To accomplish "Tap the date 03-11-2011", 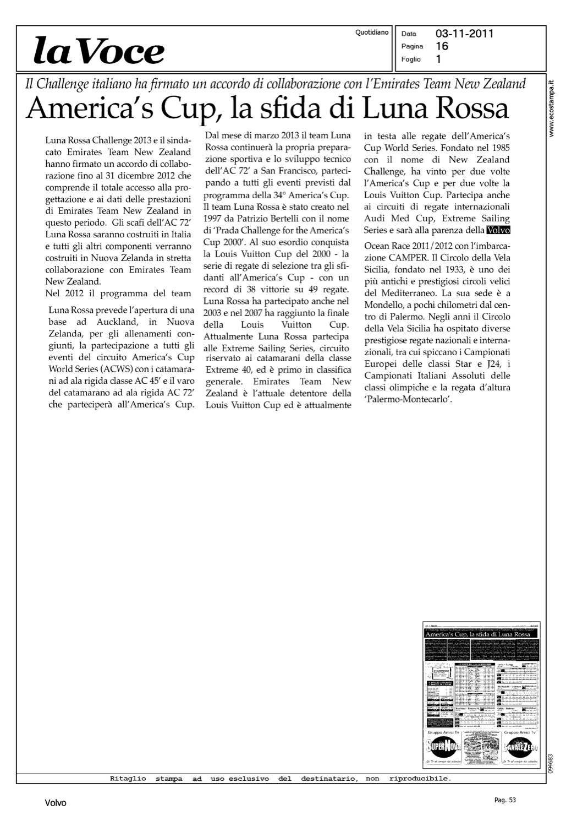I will tap(464, 34).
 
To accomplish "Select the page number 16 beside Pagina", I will tap(442, 46).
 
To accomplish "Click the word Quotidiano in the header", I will tap(372, 32).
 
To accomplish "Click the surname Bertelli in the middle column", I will tap(289, 219).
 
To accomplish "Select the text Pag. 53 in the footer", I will tap(505, 800).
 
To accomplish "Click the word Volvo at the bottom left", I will tap(55, 803).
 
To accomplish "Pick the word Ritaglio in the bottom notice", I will tap(128, 779).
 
